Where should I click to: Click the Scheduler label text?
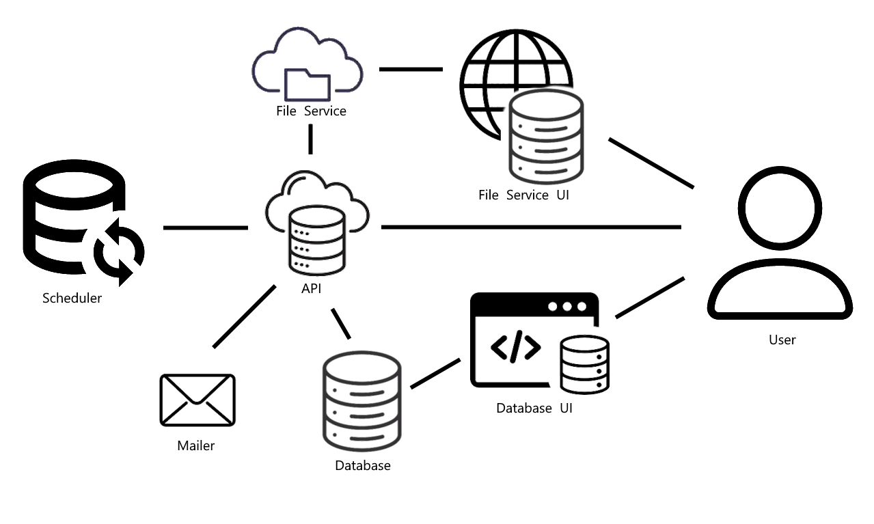click(x=72, y=298)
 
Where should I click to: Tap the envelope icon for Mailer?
click(x=197, y=400)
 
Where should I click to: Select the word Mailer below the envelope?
click(x=196, y=445)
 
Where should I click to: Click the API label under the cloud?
click(x=312, y=289)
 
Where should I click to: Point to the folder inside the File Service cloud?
click(x=308, y=84)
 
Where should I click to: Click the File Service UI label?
click(x=524, y=195)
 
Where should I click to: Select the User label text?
click(x=782, y=340)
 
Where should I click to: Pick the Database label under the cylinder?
click(x=363, y=466)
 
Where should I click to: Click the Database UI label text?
click(x=534, y=409)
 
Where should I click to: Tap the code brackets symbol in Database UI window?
click(x=516, y=347)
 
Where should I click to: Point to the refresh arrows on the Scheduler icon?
click(x=119, y=251)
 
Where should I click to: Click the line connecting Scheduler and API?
click(x=205, y=227)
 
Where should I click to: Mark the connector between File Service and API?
click(x=310, y=139)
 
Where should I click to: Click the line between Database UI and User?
click(x=649, y=298)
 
